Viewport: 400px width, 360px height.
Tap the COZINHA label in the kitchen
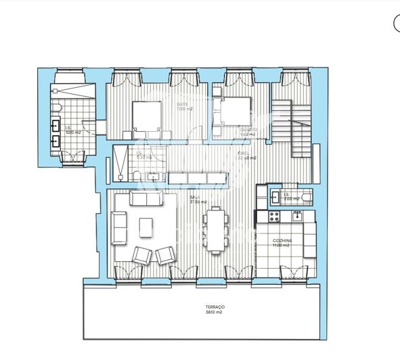tap(282, 243)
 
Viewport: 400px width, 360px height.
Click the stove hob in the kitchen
tap(275, 217)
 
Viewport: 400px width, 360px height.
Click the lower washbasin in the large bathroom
tap(55, 142)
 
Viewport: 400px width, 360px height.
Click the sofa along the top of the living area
tap(145, 199)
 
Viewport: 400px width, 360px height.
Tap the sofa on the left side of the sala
tap(120, 227)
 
